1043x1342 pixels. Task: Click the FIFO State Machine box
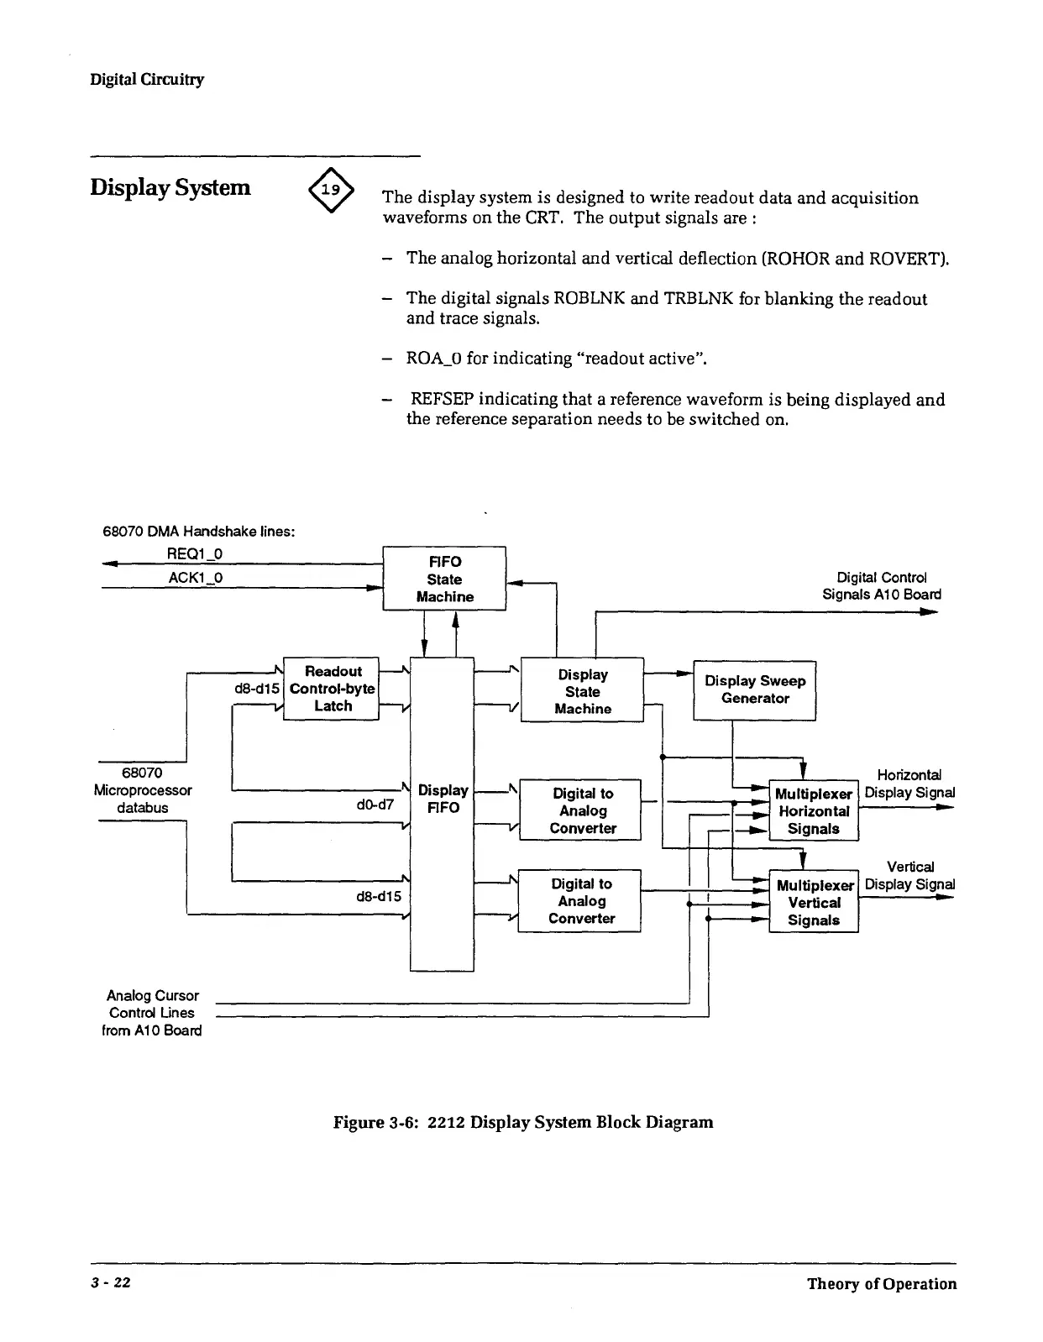coord(444,579)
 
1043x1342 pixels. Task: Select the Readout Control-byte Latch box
coord(332,689)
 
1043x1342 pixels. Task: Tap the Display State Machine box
coord(582,691)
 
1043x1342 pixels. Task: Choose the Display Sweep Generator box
coord(754,689)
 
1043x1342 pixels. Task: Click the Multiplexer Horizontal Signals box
coord(813,811)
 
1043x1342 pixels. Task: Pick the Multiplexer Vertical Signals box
coord(813,902)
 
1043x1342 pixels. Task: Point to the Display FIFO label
coord(443,799)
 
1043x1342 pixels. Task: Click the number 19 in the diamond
coord(332,190)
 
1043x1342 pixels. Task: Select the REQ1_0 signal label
coord(195,553)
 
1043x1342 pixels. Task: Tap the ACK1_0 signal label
coord(195,578)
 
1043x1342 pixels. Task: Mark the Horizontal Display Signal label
coord(909,784)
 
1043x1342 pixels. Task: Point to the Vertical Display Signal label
coord(909,875)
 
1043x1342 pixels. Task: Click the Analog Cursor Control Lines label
coord(152,1013)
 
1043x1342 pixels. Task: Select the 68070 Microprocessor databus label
coord(143,790)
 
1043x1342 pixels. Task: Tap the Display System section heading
coord(170,186)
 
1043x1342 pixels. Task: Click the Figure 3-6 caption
coord(523,1122)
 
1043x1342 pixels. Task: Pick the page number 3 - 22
coord(111,1284)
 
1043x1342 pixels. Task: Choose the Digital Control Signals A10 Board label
coord(881,585)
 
